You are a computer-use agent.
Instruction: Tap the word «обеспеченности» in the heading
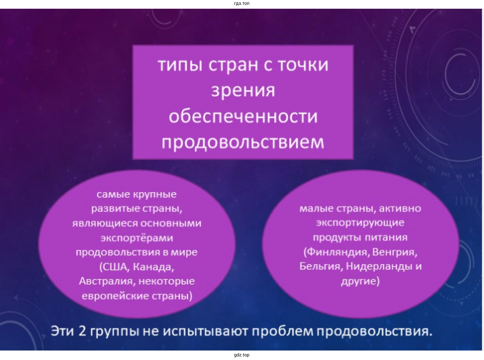[x=243, y=116]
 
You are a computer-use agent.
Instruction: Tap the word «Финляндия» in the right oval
[x=337, y=252]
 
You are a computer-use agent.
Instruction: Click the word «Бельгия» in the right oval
[x=321, y=267]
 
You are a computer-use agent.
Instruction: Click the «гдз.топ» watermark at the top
[x=242, y=4]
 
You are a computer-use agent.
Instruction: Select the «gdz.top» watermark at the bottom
[x=242, y=355]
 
